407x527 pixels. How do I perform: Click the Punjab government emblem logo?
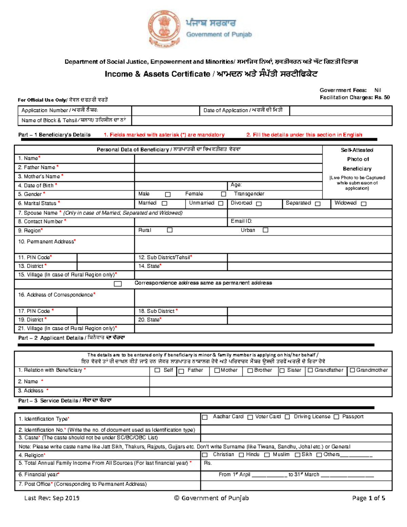pos(164,29)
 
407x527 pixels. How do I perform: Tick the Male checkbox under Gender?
pos(168,194)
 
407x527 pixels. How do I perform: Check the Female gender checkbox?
pos(224,194)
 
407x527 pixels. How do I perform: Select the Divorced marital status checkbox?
pos(259,204)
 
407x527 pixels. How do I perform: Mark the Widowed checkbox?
pos(364,204)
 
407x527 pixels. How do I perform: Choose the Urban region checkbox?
pos(266,230)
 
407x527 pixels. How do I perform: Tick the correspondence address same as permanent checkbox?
pos(118,284)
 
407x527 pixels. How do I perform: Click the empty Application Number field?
pos(165,111)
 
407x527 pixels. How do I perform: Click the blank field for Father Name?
pos(228,168)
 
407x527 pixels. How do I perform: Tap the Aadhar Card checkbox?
pos(205,417)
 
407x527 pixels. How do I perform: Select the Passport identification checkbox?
pos(336,417)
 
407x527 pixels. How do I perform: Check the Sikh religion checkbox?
pos(297,455)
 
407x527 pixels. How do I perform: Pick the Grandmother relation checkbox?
pos(352,370)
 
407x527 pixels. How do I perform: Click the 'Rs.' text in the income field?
pos(208,463)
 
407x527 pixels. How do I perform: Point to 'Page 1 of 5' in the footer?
pos(368,498)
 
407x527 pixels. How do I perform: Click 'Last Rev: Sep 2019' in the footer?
pos(52,498)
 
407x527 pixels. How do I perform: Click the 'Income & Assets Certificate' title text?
pos(157,74)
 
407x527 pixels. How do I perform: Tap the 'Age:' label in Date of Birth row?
pos(236,185)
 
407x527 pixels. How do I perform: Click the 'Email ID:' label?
pos(241,221)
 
